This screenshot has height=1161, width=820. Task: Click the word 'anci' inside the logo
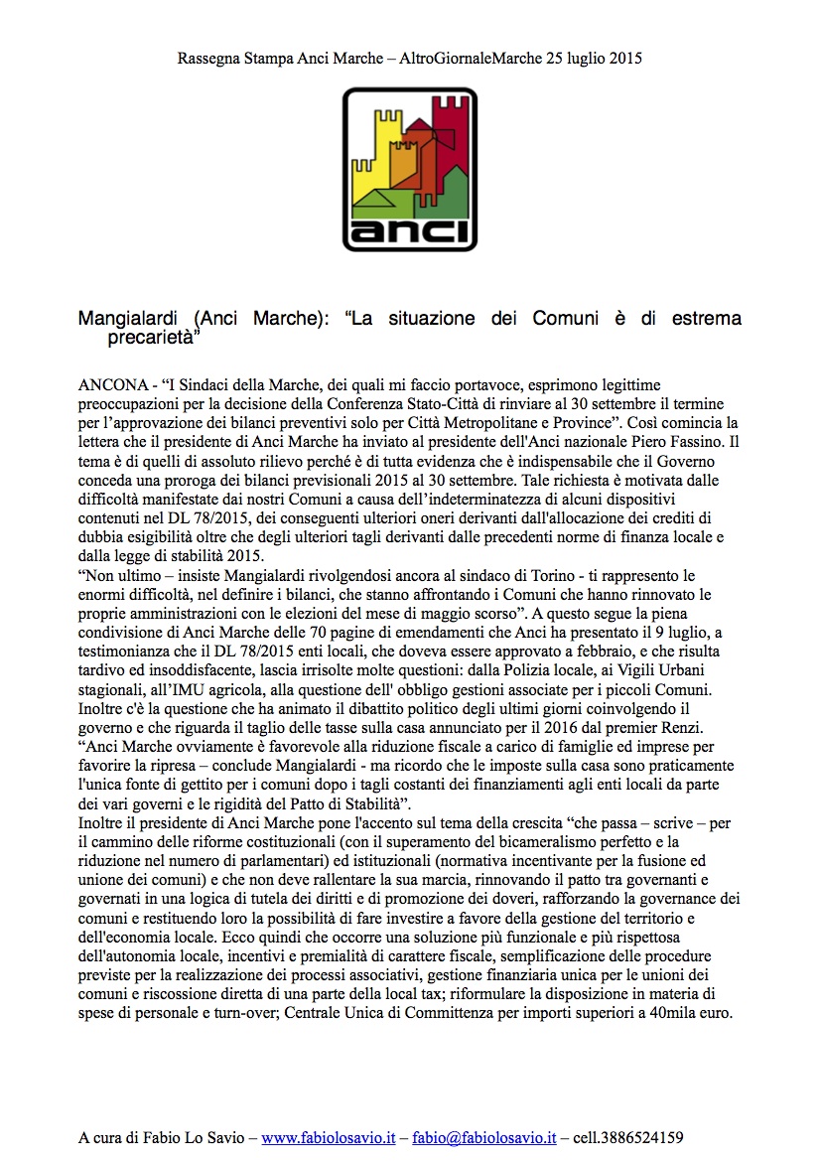click(x=409, y=227)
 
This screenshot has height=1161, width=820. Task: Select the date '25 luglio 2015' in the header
click(x=594, y=59)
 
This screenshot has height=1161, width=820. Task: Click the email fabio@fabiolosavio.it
click(x=484, y=1137)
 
